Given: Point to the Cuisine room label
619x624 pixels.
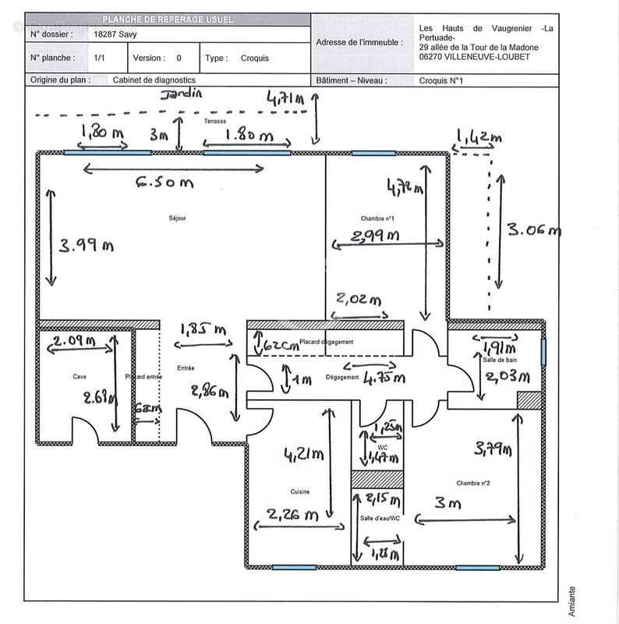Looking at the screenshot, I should pyautogui.click(x=301, y=491).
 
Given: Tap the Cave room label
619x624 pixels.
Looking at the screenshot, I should pyautogui.click(x=80, y=377).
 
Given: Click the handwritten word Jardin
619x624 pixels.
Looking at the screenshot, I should pyautogui.click(x=181, y=94).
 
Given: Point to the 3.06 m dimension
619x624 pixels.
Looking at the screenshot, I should pyautogui.click(x=534, y=230).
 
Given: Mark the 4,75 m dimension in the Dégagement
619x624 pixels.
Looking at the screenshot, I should pyautogui.click(x=388, y=378).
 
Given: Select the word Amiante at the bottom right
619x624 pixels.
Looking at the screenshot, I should pyautogui.click(x=573, y=600).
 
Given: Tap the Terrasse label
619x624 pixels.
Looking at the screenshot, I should pyautogui.click(x=215, y=122).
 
